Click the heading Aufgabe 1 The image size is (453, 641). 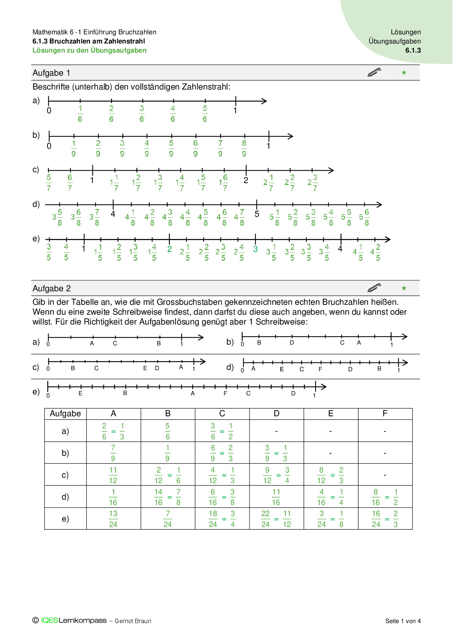[x=51, y=73]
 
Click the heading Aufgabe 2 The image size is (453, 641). [x=52, y=289]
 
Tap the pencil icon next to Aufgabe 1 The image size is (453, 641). [x=374, y=72]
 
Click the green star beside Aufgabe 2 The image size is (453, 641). [x=404, y=288]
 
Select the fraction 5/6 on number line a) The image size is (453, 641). [x=205, y=114]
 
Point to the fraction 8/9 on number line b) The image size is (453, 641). [x=244, y=148]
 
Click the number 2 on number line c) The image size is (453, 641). [x=246, y=180]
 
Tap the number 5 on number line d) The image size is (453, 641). [x=257, y=214]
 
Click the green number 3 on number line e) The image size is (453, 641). [x=255, y=249]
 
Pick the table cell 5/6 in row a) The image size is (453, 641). [x=168, y=431]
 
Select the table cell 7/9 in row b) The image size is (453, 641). [x=113, y=453]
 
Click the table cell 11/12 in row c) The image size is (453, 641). [x=113, y=475]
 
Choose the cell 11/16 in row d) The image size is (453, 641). [x=276, y=497]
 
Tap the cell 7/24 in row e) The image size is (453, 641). [x=168, y=519]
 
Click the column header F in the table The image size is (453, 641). [x=385, y=414]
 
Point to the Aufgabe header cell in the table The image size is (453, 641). [x=65, y=414]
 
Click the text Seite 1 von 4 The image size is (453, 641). [x=403, y=621]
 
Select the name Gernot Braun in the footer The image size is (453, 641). [x=133, y=621]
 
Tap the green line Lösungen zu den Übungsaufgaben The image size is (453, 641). [x=90, y=50]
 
